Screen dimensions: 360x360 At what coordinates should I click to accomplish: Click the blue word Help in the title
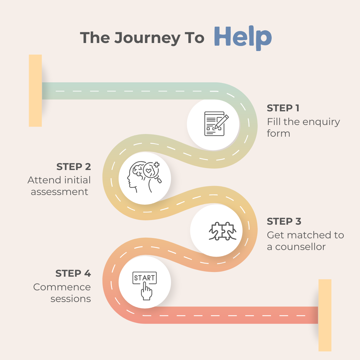(243, 37)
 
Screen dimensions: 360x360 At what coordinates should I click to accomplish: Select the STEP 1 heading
(283, 108)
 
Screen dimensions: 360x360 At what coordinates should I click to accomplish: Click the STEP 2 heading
(74, 167)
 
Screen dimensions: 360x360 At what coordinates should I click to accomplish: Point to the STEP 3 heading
(284, 222)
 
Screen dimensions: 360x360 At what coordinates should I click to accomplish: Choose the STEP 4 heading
(73, 274)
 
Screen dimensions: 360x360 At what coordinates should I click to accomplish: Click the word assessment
(60, 192)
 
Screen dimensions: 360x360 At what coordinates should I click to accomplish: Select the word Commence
(62, 287)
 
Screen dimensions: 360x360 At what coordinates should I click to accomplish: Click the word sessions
(71, 299)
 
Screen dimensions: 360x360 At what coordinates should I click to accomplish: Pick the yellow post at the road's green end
(35, 91)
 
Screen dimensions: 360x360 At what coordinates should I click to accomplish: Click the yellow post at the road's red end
(325, 315)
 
